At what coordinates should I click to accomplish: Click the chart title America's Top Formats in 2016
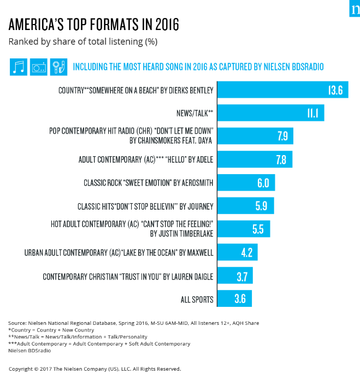click(93, 25)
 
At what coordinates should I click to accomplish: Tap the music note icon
click(19, 67)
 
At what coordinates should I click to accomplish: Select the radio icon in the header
click(39, 67)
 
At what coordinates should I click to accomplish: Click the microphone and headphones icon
click(58, 67)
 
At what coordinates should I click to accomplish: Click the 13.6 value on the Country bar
click(335, 90)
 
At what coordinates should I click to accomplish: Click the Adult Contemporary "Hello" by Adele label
click(146, 159)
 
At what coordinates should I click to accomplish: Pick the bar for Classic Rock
click(246, 182)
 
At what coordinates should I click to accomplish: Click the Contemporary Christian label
click(128, 276)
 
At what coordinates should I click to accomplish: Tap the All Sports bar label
click(197, 299)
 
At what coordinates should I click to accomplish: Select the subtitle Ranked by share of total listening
click(82, 41)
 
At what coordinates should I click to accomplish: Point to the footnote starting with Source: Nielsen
click(134, 323)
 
